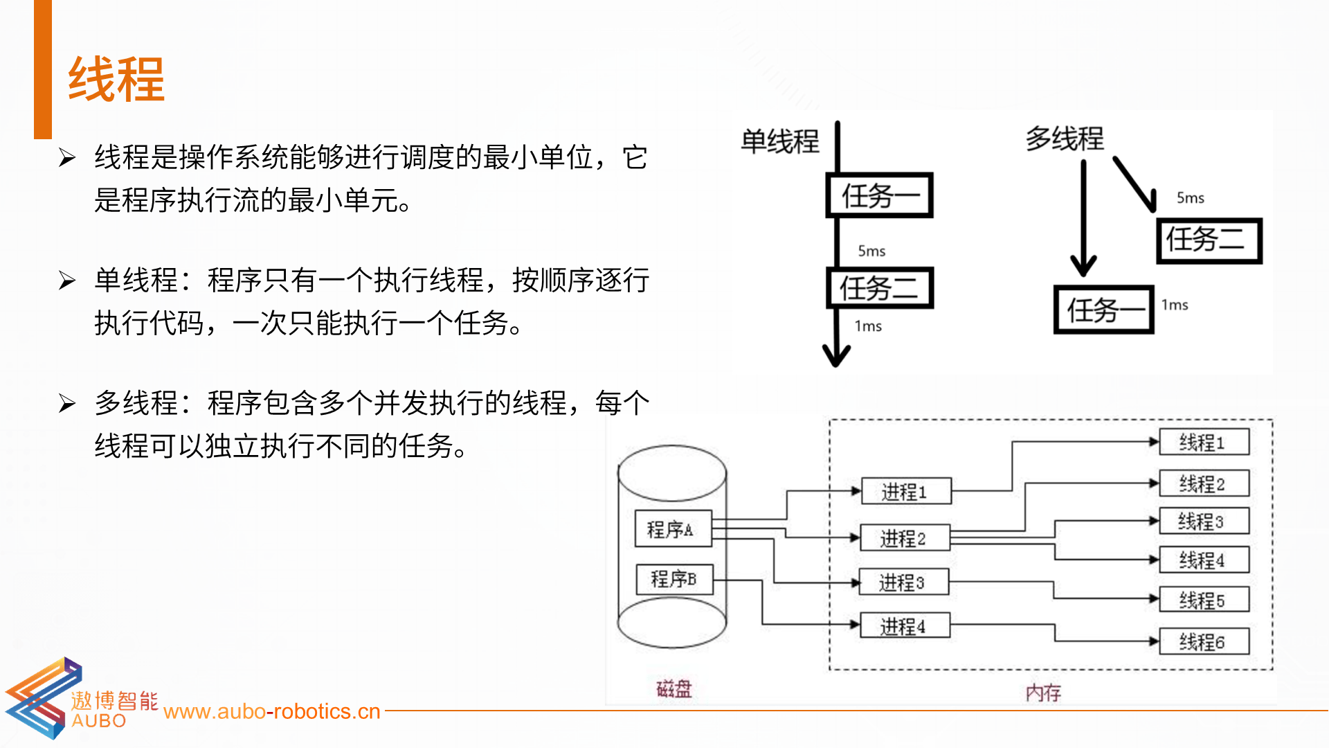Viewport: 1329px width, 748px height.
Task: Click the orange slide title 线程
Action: coord(116,80)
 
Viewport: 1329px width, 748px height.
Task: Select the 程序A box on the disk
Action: coord(673,529)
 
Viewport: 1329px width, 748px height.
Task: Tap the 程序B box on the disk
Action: coord(674,578)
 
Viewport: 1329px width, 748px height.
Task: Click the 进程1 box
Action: coord(906,491)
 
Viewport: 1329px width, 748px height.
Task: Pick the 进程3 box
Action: coord(903,582)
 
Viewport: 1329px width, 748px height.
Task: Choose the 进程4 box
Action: coord(905,626)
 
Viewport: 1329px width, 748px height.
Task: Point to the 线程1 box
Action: coord(1204,442)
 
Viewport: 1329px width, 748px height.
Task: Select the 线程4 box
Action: coord(1204,560)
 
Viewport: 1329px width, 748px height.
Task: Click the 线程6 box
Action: coord(1204,641)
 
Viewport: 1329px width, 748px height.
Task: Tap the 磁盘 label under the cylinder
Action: coord(673,689)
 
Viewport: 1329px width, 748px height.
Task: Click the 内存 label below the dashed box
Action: coord(1043,693)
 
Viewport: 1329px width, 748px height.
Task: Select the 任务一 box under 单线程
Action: coord(880,195)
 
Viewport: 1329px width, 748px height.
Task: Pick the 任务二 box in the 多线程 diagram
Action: coord(1209,240)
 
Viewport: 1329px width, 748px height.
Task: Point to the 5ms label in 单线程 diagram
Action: coord(871,251)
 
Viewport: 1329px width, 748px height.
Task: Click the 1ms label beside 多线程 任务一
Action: coord(1175,305)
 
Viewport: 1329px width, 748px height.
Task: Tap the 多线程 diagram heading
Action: coord(1065,139)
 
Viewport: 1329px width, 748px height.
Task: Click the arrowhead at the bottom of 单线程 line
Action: coord(836,355)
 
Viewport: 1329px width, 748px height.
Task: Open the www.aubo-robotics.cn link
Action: coord(272,711)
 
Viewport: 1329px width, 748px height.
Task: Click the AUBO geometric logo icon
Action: coord(43,698)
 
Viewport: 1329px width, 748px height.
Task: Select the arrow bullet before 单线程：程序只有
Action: coord(67,280)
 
